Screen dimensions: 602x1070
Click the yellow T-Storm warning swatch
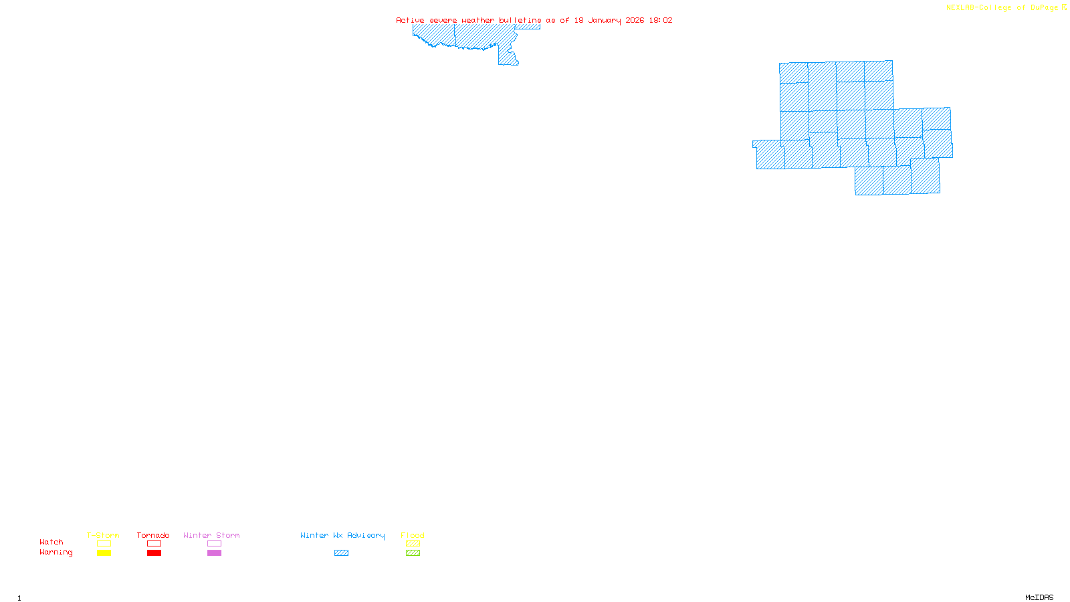(104, 553)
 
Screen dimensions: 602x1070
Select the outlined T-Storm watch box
(104, 544)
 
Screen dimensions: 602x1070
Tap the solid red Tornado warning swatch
(154, 553)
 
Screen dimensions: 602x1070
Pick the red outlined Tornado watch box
(154, 544)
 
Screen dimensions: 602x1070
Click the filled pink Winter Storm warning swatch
(214, 553)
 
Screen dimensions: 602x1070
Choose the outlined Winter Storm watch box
(214, 544)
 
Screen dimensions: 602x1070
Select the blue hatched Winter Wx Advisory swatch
(341, 553)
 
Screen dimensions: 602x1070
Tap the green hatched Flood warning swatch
(413, 553)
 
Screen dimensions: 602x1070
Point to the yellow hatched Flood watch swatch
(413, 544)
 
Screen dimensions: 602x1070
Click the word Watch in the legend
(51, 542)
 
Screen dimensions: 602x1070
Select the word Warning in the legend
(56, 553)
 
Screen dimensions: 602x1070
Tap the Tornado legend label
(153, 535)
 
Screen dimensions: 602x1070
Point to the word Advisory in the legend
(366, 535)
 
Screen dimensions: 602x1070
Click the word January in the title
(605, 20)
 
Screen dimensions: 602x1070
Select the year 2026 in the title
(635, 20)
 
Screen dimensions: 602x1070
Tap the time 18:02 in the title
(661, 20)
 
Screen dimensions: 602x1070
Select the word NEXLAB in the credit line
(960, 8)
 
